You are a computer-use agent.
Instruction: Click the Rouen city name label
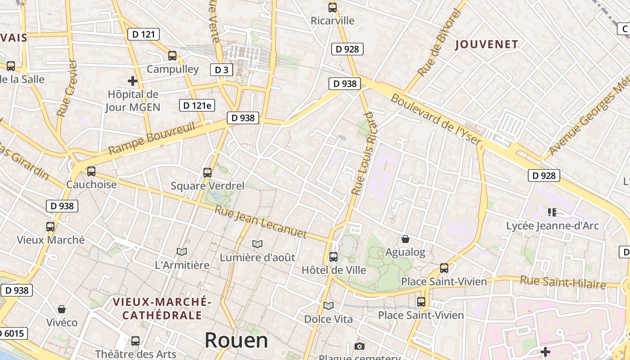pos(236,340)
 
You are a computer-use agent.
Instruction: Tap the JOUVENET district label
pos(486,44)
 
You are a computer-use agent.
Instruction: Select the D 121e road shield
pos(197,105)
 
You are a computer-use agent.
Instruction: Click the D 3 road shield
pos(221,70)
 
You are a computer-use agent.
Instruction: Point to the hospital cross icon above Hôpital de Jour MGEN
pos(133,81)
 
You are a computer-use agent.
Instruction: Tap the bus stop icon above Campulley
pos(172,56)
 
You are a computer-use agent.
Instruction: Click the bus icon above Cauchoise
pos(91,171)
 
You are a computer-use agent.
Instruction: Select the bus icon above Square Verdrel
pos(207,172)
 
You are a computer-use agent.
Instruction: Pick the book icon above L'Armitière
pos(182,252)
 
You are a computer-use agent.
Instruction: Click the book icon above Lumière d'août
pos(257,244)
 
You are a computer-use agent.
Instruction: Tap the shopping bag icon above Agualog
pos(405,239)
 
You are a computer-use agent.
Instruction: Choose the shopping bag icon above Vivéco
pos(62,309)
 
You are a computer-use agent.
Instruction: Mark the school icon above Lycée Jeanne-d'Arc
pos(552,212)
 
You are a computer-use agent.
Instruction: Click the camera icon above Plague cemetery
pos(359,346)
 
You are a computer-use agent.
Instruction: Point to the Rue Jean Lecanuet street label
pos(261,222)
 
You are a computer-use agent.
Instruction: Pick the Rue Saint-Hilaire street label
pos(563,282)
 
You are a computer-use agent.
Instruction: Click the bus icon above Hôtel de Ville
pos(333,257)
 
